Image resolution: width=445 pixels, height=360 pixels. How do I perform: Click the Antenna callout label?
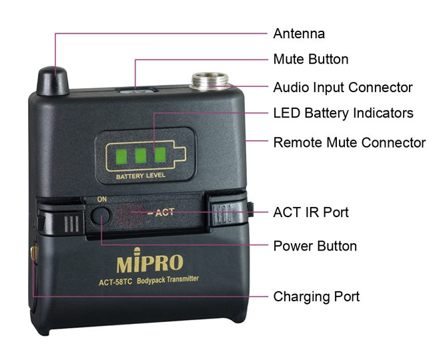click(299, 33)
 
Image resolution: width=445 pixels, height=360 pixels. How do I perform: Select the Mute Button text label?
click(311, 59)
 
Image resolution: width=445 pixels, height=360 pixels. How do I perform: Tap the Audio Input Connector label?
click(343, 87)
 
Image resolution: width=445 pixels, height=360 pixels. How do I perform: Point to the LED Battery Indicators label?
click(343, 113)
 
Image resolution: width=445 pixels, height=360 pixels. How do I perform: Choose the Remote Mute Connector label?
click(350, 142)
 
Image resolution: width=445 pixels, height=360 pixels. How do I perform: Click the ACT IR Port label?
click(311, 212)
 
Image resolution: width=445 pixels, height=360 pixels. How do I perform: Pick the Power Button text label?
click(315, 246)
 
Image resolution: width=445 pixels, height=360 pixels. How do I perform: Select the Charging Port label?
click(316, 297)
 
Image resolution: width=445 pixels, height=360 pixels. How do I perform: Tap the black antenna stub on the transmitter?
click(53, 81)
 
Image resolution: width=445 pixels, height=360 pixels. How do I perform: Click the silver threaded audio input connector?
click(210, 81)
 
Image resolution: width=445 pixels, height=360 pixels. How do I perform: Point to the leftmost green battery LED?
click(121, 156)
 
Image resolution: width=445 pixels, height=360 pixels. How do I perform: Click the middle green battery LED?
click(141, 156)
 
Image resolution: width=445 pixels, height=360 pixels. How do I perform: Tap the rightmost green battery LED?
click(160, 154)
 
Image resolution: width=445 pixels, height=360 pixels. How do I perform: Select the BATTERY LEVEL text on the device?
click(141, 176)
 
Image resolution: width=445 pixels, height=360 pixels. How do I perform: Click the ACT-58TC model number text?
click(115, 283)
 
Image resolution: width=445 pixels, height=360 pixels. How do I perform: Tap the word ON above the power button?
click(102, 199)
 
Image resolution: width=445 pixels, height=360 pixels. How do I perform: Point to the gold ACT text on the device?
click(164, 212)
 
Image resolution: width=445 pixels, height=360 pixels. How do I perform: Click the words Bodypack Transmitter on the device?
click(167, 280)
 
